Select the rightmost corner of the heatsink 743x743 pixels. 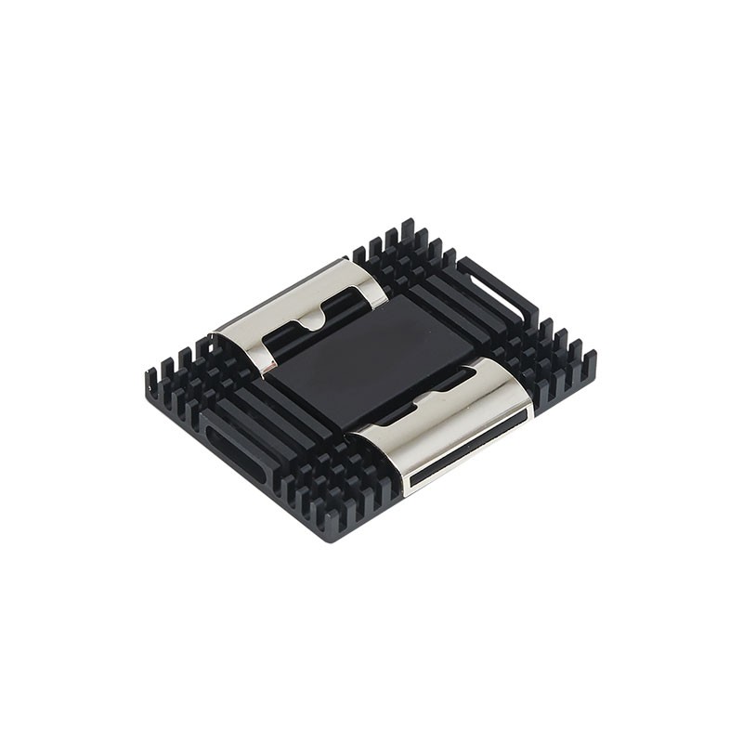(594, 358)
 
